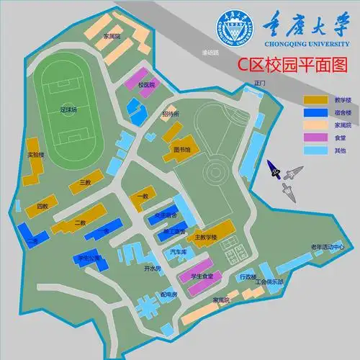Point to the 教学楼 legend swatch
pyautogui.click(x=315, y=99)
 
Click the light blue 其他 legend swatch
pyautogui.click(x=315, y=150)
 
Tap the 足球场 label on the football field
pyautogui.click(x=68, y=109)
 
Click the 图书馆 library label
pyautogui.click(x=181, y=150)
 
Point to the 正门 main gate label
pyautogui.click(x=260, y=84)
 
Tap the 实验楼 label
pyautogui.click(x=36, y=154)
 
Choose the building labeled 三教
pyautogui.click(x=85, y=182)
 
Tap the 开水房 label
pyautogui.click(x=150, y=268)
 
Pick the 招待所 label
pyautogui.click(x=171, y=114)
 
